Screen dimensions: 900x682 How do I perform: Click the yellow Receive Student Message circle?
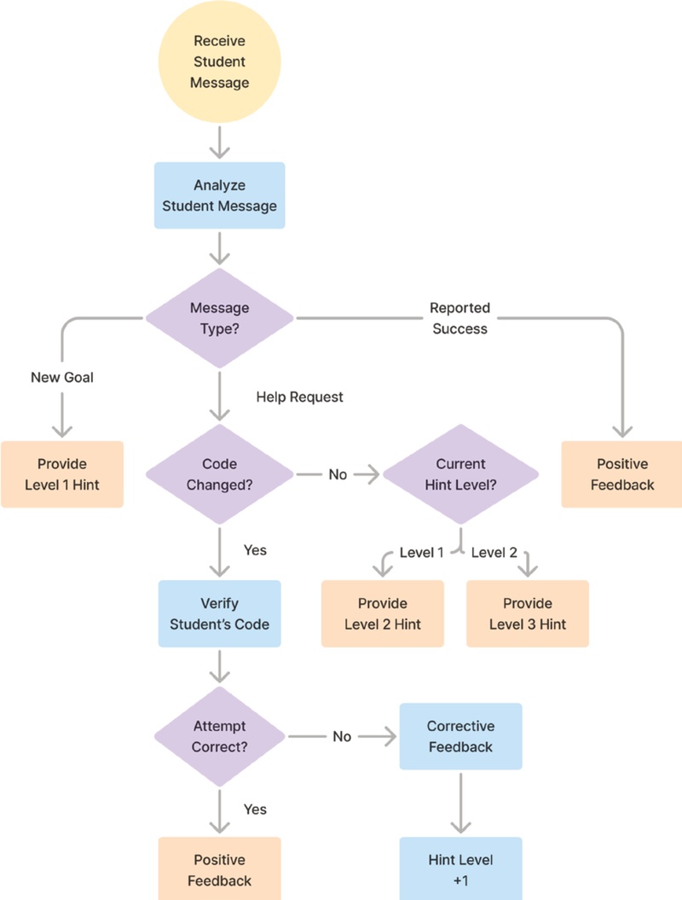[220, 61]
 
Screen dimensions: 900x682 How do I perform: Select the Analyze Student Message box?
[220, 195]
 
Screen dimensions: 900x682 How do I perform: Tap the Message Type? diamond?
[220, 318]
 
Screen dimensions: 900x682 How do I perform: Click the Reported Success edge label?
[459, 317]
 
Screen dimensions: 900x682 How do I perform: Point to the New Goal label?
[61, 376]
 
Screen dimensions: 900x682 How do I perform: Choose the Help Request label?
[299, 397]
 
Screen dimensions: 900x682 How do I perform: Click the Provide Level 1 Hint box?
[61, 474]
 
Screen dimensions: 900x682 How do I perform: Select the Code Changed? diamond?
[220, 474]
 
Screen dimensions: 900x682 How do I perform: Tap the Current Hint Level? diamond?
[460, 474]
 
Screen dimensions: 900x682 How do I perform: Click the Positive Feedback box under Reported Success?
[621, 474]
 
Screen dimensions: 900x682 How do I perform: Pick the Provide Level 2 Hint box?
[383, 613]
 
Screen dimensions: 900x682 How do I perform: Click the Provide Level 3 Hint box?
[528, 613]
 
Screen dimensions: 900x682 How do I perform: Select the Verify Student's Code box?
[220, 613]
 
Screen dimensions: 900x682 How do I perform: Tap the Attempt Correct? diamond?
[220, 736]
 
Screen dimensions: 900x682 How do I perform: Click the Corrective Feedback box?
[460, 736]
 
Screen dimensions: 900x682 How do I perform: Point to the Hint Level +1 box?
[460, 868]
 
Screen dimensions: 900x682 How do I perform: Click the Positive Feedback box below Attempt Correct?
[220, 868]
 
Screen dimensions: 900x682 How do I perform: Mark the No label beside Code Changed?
[338, 474]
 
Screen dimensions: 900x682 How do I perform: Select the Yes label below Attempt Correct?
[255, 809]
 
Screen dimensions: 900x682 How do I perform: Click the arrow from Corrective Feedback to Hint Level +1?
[460, 802]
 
